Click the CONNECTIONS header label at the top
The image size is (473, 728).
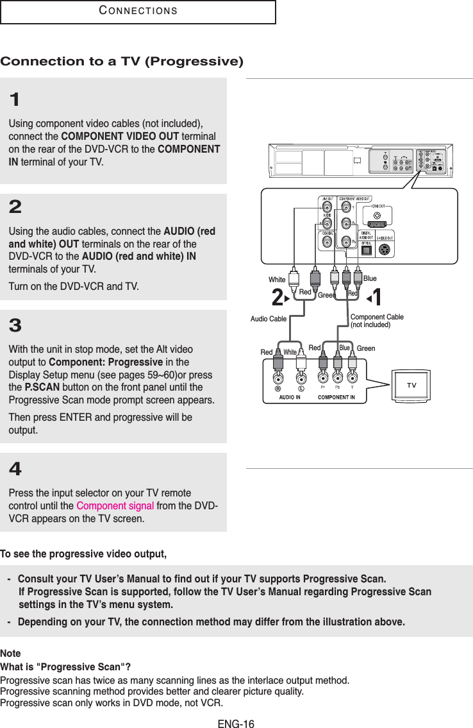[138, 12]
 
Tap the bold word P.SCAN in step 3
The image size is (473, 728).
[42, 388]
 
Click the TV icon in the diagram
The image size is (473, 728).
[411, 385]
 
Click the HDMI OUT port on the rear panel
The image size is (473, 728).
[378, 216]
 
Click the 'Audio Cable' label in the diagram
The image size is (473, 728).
[268, 319]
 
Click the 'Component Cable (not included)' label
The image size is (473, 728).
[377, 321]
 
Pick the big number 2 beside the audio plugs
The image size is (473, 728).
[278, 298]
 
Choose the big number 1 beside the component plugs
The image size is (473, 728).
[377, 298]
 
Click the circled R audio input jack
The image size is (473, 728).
[278, 388]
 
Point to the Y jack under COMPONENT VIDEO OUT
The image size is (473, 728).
[345, 207]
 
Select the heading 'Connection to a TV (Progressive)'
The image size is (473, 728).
[122, 62]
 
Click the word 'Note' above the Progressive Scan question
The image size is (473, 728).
[10, 653]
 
